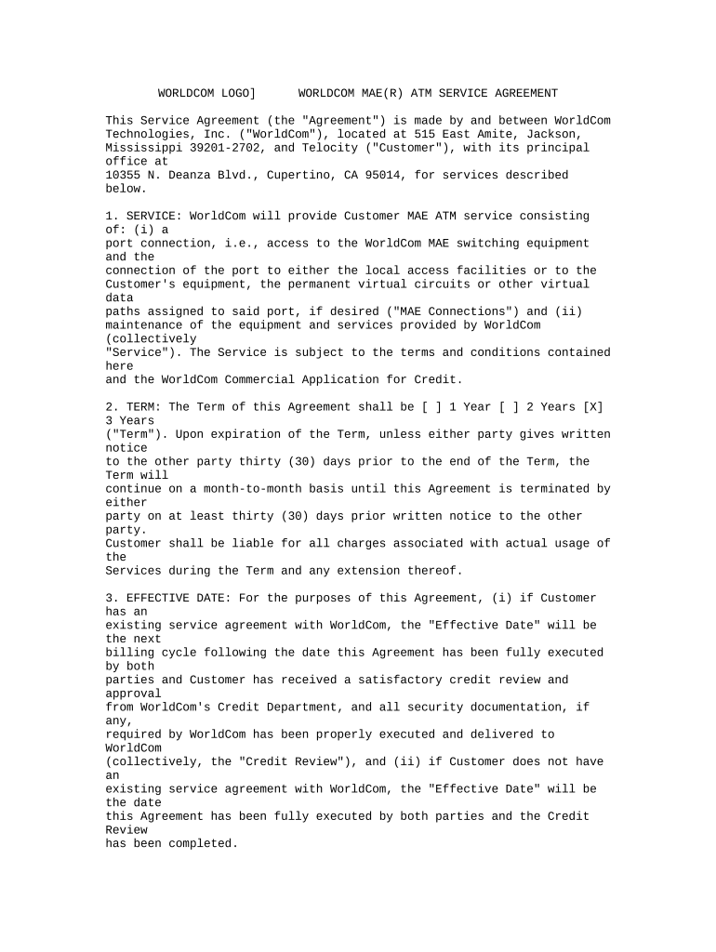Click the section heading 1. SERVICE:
pyautogui.click(x=143, y=216)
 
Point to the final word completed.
pyautogui.click(x=203, y=843)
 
